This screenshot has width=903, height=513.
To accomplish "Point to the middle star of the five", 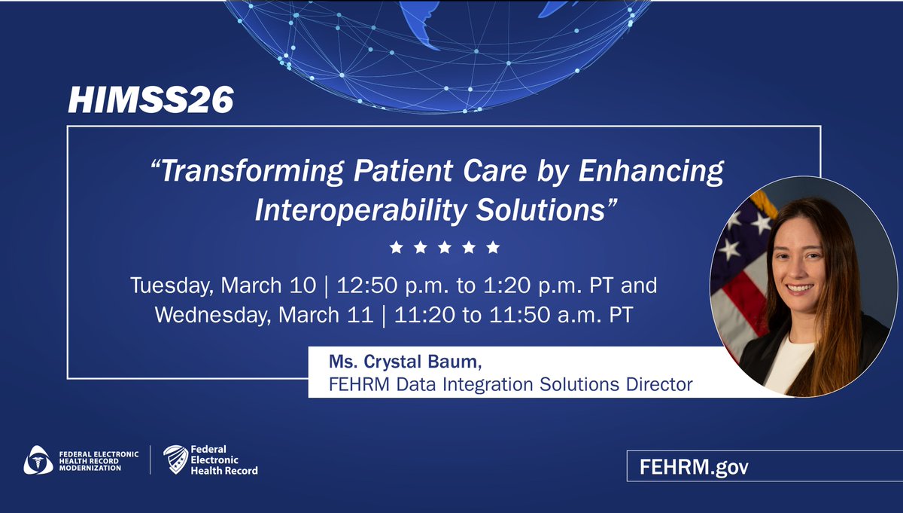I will pyautogui.click(x=444, y=247).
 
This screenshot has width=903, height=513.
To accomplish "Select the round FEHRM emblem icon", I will pyautogui.click(x=38, y=460).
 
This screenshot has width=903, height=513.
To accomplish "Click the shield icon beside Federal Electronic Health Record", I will pyautogui.click(x=175, y=460).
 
